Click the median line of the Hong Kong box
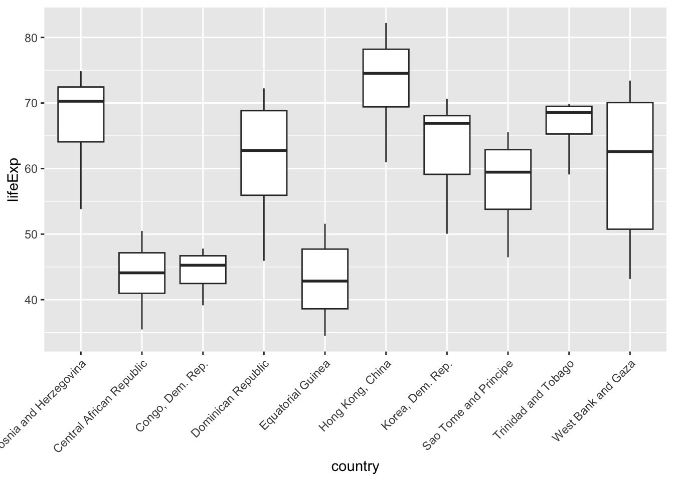tap(386, 73)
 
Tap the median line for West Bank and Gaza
tap(630, 151)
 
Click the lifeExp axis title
tap(14, 179)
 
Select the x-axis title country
tap(355, 466)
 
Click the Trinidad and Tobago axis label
tap(534, 400)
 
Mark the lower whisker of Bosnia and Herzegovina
tap(81, 175)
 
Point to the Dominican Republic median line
tap(264, 150)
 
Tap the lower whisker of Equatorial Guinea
tap(325, 322)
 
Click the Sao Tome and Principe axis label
tap(468, 405)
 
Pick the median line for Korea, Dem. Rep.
tap(447, 123)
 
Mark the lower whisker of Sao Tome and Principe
tap(508, 233)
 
